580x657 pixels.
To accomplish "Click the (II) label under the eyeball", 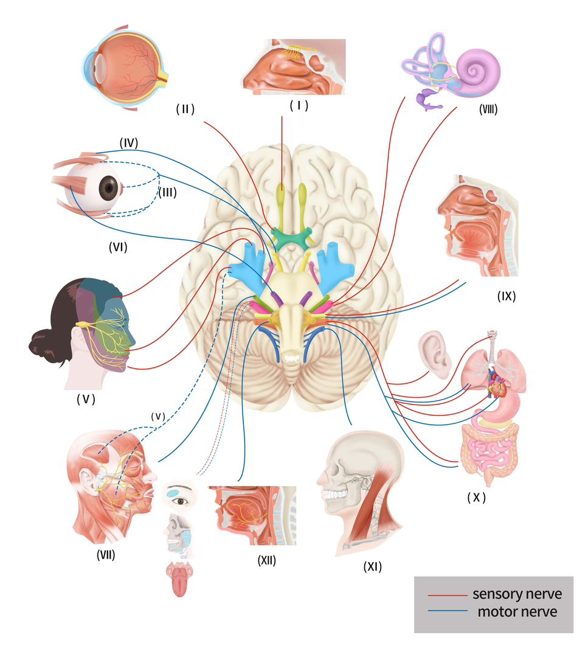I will [x=185, y=109].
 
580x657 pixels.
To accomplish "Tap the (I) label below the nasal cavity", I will [x=299, y=105].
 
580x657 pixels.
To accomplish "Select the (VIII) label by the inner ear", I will [x=488, y=110].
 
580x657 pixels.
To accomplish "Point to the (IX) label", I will [x=506, y=297].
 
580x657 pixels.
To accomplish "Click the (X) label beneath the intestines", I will [x=477, y=497].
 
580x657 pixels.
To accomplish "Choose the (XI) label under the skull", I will [x=371, y=566].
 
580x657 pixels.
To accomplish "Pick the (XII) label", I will [x=266, y=561].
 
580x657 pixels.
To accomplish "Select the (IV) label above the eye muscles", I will [x=128, y=144].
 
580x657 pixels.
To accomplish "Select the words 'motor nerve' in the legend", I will [x=517, y=611].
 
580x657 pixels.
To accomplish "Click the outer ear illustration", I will [x=434, y=353].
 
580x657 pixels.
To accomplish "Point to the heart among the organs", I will [x=497, y=387].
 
